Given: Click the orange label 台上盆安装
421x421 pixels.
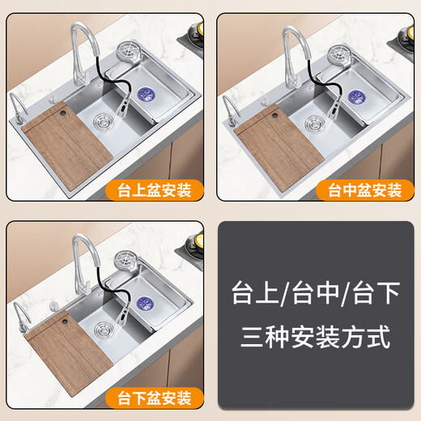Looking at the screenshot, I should pyautogui.click(x=154, y=191).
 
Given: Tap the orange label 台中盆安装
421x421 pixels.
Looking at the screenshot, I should pyautogui.click(x=364, y=191).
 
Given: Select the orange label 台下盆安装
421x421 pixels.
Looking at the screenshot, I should pyautogui.click(x=154, y=398).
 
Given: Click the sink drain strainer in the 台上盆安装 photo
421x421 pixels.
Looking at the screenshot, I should pyautogui.click(x=104, y=122).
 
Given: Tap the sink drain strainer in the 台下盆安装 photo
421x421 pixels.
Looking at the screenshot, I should pyautogui.click(x=104, y=330).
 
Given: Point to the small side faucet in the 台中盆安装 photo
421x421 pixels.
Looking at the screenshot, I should pyautogui.click(x=230, y=108).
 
